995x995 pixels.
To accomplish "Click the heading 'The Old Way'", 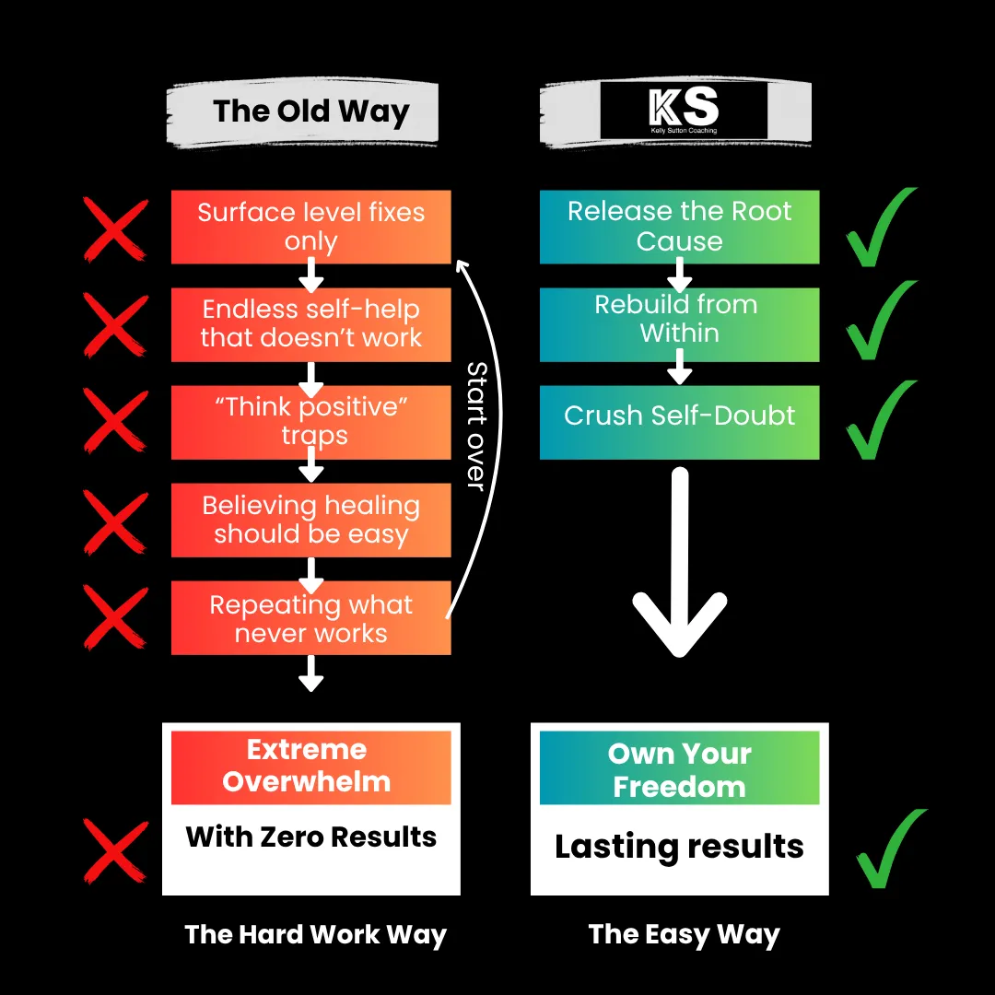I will pos(310,111).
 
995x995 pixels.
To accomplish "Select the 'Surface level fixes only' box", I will pos(310,227).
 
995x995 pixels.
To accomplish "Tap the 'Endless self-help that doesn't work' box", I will pos(310,323).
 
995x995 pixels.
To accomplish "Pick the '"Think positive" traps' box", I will pos(310,421).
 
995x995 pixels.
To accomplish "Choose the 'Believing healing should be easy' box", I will pos(310,520).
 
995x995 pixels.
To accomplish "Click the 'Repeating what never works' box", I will pos(310,618).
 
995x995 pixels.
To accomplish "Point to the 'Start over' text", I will pos(476,425).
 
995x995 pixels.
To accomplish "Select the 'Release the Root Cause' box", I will pos(679,227).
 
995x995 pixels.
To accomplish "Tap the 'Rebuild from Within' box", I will pos(679,323).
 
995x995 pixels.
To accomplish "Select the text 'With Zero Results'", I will pos(310,837).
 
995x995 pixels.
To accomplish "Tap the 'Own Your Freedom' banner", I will pos(679,768).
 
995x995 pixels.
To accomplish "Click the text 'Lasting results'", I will pos(679,847).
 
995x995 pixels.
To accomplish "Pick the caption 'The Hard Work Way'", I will pos(315,934).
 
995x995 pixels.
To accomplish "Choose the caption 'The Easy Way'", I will pos(684,934).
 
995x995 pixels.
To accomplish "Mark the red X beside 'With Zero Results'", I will pos(115,850).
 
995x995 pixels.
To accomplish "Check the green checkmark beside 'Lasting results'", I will pos(889,849).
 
